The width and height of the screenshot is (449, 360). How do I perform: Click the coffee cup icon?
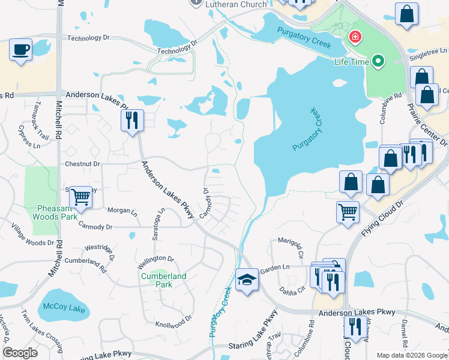[x=20, y=49]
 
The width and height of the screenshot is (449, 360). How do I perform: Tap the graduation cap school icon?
[x=247, y=280]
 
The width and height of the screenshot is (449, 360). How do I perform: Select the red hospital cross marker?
[x=355, y=38]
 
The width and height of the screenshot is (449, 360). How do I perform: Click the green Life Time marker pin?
[x=378, y=61]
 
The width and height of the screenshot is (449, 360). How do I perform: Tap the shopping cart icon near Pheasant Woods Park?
[x=80, y=196]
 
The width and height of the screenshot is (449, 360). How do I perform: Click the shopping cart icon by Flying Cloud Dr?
[x=348, y=211]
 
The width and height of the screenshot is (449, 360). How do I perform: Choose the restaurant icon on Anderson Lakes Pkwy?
[x=132, y=120]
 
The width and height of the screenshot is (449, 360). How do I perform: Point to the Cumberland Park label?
[x=163, y=280]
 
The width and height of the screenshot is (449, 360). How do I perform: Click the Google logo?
[x=20, y=353]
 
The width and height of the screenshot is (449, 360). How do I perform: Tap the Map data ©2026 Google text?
[x=411, y=355]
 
